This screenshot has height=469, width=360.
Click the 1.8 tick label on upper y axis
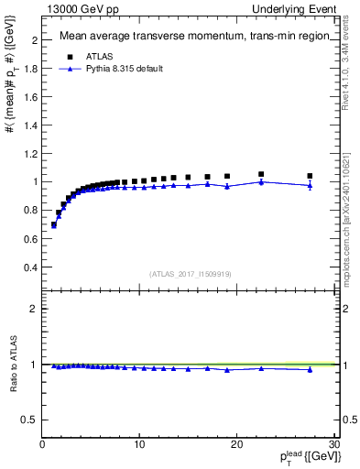30,69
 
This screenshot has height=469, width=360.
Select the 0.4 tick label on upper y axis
30,267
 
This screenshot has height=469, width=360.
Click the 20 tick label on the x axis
236,444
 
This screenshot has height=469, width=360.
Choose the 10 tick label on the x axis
139,444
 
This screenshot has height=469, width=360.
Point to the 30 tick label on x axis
333,444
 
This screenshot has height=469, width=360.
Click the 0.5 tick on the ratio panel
30,420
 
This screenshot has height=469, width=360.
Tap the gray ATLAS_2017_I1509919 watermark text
191,272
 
